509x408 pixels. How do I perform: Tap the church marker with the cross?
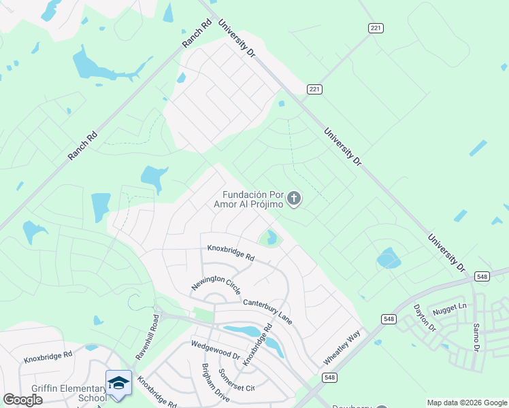click(294, 199)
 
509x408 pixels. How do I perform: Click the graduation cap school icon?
click(118, 383)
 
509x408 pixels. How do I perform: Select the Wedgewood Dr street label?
click(216, 351)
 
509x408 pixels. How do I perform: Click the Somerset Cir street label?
click(236, 381)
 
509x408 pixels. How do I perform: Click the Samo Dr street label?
click(476, 337)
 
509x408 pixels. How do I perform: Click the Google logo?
click(22, 400)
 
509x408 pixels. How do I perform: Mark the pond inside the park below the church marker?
click(272, 238)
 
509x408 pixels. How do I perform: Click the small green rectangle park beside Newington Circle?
click(204, 314)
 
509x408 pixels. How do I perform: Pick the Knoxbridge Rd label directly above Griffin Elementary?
click(48, 356)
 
